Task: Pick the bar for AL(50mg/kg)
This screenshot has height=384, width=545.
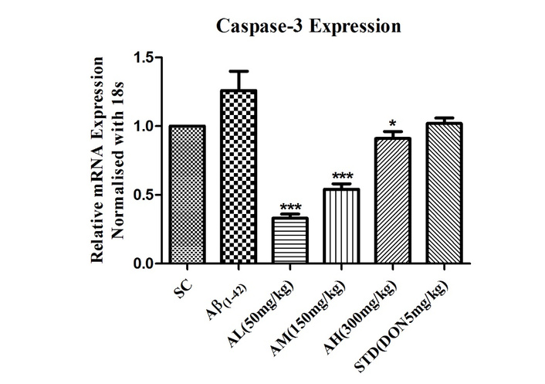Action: (x=290, y=240)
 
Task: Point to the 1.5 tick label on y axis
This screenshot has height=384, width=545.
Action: (x=144, y=58)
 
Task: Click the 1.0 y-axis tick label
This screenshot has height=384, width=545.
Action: (x=144, y=126)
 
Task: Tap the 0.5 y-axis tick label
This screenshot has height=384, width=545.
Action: (x=144, y=195)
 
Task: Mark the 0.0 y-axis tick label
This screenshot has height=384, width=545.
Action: (x=144, y=263)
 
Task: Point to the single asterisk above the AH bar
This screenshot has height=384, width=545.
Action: (x=394, y=124)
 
